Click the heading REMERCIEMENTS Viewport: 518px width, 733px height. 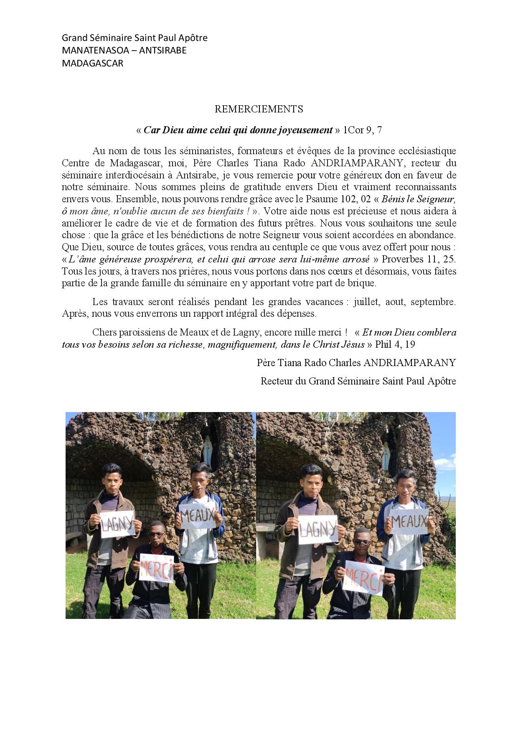click(259, 109)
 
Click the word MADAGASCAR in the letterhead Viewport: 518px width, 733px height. click(92, 64)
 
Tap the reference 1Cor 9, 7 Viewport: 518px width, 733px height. click(362, 130)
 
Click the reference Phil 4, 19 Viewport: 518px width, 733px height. click(395, 345)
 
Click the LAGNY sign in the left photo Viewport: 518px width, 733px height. click(117, 524)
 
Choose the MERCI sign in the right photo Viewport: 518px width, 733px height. click(363, 577)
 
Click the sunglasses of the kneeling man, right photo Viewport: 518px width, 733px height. click(362, 543)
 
